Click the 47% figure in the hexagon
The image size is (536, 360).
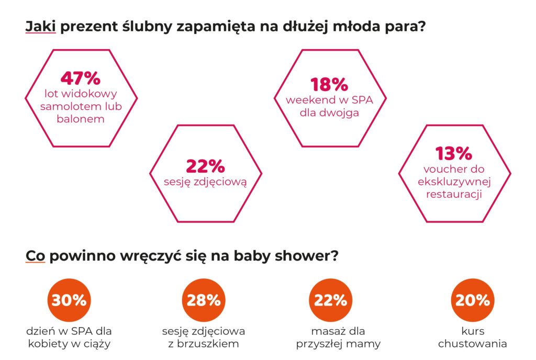[x=81, y=78]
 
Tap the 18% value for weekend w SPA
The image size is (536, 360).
[x=329, y=84]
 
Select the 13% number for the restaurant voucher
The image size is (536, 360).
[x=454, y=153]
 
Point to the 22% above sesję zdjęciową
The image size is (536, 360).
[x=205, y=166]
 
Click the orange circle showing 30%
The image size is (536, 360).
[x=69, y=300]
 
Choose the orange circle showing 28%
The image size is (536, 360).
[x=203, y=300]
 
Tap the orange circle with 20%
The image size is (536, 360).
[x=472, y=300]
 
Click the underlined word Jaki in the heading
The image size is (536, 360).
[x=40, y=27]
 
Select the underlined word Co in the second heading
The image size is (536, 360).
[x=35, y=257]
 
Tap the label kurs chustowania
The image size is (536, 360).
[x=472, y=337]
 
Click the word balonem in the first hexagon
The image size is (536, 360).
[x=81, y=119]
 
